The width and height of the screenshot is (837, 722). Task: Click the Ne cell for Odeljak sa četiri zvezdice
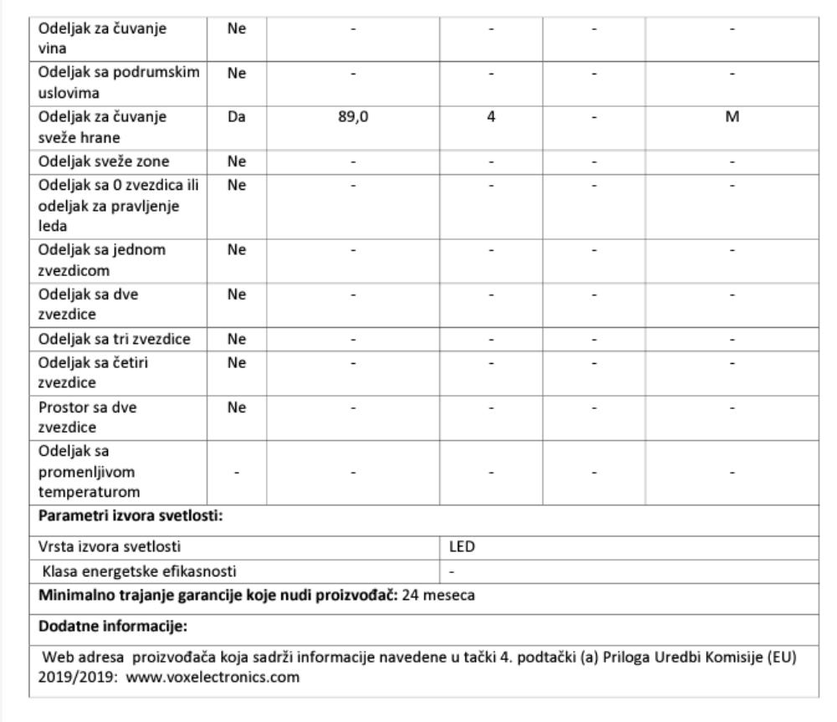coord(235,363)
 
